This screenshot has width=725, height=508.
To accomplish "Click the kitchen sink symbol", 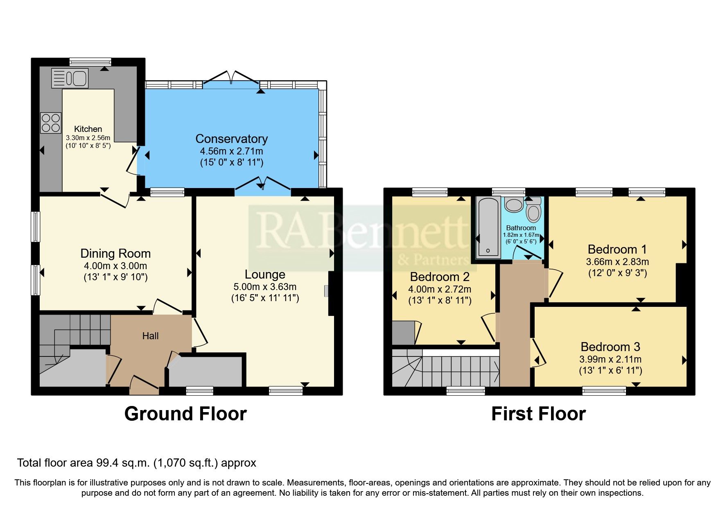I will [70, 78].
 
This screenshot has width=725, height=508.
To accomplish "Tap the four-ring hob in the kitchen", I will [51, 123].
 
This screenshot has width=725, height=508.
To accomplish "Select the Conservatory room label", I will [231, 139].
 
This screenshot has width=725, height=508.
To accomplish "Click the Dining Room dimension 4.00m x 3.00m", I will [115, 266].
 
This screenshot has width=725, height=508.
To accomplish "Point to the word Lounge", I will [265, 274].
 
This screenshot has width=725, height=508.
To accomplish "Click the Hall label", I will [150, 336].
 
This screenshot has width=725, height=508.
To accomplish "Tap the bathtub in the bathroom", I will [488, 227].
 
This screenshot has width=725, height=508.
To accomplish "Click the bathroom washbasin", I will [513, 204].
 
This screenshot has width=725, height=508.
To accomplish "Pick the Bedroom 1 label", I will [617, 249].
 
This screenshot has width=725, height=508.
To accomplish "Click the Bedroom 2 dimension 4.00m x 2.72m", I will [440, 289].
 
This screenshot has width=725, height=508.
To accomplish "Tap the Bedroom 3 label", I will [610, 347].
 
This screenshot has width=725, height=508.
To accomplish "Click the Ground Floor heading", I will [185, 414].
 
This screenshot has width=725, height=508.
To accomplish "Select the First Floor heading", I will [538, 414].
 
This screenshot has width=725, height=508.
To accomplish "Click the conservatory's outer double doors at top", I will [232, 78].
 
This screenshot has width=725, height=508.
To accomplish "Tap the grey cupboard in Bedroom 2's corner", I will [403, 333].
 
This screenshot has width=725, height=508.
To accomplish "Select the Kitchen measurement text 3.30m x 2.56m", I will [88, 138].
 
